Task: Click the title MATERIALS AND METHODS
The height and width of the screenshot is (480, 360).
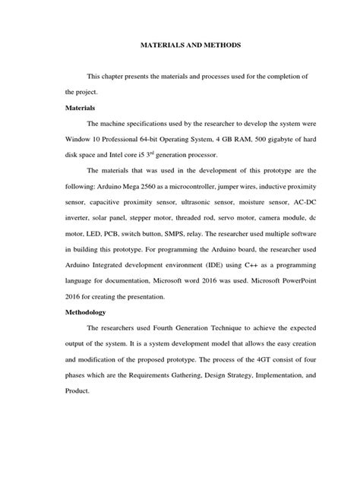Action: (x=180, y=46)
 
